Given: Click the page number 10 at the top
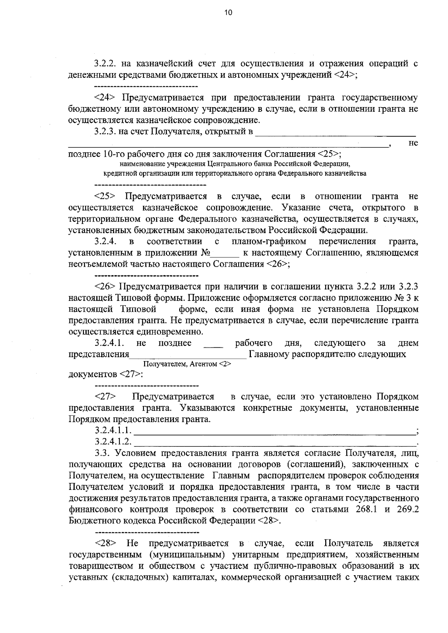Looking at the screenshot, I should click(x=228, y=13).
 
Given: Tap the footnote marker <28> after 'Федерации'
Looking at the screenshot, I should click(x=268, y=521).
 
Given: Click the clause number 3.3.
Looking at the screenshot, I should click(x=102, y=453).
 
